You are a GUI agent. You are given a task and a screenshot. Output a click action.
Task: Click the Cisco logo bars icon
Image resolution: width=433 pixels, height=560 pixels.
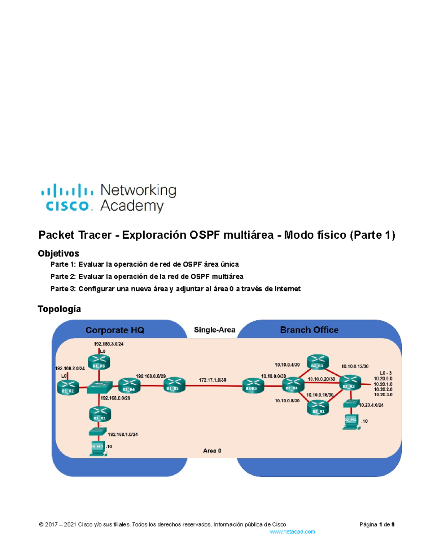67,190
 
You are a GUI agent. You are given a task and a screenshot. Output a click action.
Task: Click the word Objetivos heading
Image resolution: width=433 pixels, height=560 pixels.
58,253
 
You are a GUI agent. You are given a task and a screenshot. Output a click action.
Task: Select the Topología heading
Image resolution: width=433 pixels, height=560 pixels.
59,309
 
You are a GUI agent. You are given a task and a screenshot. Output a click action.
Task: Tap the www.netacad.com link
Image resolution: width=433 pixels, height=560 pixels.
292,532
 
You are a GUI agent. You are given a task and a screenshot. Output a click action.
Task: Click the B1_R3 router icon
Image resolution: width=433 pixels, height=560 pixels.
99,362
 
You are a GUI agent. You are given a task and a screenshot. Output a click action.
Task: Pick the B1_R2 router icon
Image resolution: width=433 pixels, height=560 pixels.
68,387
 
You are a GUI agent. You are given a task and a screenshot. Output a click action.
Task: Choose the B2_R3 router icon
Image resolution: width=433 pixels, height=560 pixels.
318,362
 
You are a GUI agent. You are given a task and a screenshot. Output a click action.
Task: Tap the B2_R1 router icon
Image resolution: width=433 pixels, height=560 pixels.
318,408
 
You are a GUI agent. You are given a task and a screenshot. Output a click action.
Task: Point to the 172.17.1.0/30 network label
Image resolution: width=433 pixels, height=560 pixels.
213,380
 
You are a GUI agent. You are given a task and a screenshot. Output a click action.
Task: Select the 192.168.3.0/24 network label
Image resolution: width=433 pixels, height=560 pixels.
109,344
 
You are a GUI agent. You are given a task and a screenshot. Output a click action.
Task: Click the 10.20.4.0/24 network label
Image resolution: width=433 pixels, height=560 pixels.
371,405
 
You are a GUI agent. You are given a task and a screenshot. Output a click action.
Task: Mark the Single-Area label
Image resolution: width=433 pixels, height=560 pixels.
214,330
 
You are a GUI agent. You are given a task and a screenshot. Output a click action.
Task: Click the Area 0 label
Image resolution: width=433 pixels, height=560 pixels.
212,451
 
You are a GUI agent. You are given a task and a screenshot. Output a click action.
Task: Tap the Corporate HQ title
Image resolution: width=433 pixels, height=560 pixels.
115,330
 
